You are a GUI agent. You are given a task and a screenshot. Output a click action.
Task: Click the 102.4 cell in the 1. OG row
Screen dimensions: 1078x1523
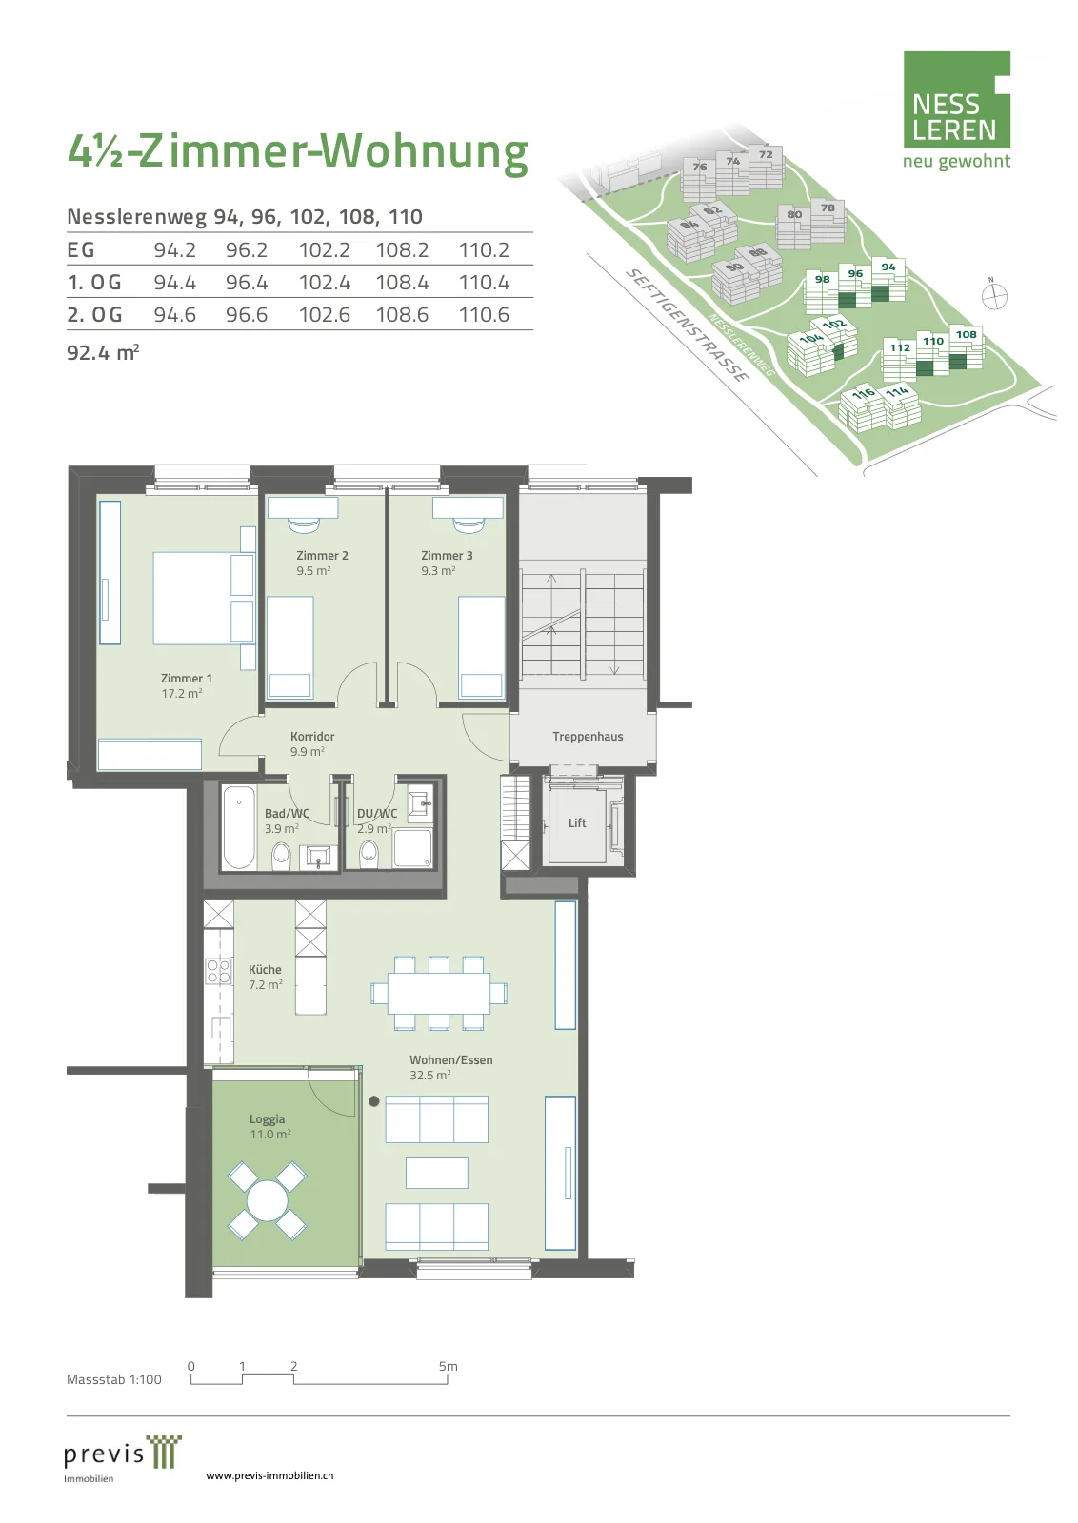coord(325,282)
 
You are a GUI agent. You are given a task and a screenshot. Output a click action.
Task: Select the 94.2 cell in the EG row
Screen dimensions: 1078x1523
coord(175,250)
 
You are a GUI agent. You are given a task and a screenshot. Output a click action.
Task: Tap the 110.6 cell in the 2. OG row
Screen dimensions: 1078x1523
coord(485,315)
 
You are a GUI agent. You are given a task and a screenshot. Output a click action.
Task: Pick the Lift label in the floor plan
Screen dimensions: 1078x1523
coord(577,822)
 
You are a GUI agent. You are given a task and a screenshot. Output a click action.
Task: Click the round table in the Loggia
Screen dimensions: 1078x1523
coord(268,1200)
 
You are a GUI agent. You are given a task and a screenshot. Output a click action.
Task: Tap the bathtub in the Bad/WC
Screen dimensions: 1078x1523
coord(239,827)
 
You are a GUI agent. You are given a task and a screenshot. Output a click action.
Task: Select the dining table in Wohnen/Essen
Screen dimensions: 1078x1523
coord(439,993)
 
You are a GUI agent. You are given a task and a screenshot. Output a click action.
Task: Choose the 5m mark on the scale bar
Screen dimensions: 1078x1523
coord(448,1366)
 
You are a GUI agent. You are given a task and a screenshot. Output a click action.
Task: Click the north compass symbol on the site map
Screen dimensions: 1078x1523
coord(994,296)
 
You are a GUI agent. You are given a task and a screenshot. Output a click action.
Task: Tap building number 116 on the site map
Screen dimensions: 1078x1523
coord(864,393)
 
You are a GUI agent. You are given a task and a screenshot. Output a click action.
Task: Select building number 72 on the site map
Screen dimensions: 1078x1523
coord(766,154)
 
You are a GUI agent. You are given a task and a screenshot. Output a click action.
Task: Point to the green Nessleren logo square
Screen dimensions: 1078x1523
coord(956,99)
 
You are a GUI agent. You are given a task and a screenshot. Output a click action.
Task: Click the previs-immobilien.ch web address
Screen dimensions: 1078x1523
coord(269,1475)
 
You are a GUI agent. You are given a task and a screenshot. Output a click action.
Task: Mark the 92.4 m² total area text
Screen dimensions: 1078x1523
coord(103,352)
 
